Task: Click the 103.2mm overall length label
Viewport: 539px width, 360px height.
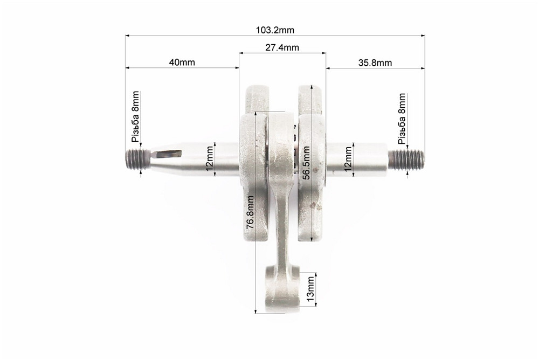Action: pyautogui.click(x=275, y=30)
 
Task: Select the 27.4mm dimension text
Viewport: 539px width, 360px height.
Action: pyautogui.click(x=282, y=47)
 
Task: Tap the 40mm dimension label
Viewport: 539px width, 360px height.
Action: pyautogui.click(x=182, y=62)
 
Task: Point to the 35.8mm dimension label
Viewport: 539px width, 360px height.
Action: pyautogui.click(x=375, y=63)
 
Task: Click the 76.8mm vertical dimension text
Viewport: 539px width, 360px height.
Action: pyautogui.click(x=250, y=212)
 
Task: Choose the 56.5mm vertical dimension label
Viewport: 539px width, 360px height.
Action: pyautogui.click(x=306, y=163)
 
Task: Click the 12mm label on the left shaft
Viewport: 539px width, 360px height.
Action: pyautogui.click(x=209, y=159)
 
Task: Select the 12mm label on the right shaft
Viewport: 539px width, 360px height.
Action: pyautogui.click(x=348, y=159)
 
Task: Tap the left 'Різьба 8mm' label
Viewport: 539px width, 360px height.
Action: pyautogui.click(x=135, y=116)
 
